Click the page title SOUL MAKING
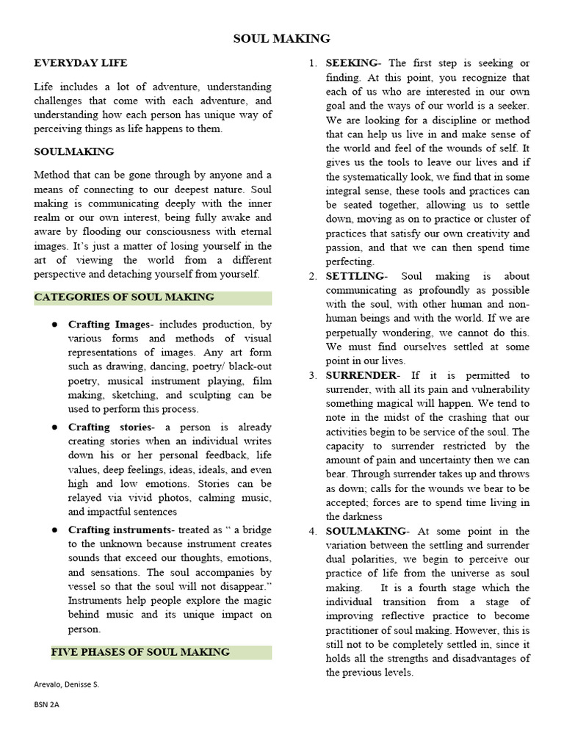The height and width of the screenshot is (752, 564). point(282,38)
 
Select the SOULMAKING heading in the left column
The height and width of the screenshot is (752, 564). point(74,151)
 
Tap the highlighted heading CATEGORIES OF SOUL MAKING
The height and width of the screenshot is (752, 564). point(124,297)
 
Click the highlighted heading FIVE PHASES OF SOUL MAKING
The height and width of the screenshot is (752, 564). point(140,652)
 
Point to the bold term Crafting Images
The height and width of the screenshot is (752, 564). point(108,324)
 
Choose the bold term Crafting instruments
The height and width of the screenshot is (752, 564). point(120,529)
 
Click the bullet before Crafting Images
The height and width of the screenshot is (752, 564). point(54,324)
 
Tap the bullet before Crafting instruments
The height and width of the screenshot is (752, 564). point(54,529)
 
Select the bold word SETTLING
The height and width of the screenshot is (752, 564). point(355,276)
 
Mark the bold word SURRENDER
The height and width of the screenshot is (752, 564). point(361,375)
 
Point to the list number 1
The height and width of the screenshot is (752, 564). point(312,63)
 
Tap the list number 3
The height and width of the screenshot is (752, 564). point(312,375)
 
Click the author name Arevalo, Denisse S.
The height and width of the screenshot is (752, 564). point(66,684)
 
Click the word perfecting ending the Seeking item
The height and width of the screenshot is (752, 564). point(350,261)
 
